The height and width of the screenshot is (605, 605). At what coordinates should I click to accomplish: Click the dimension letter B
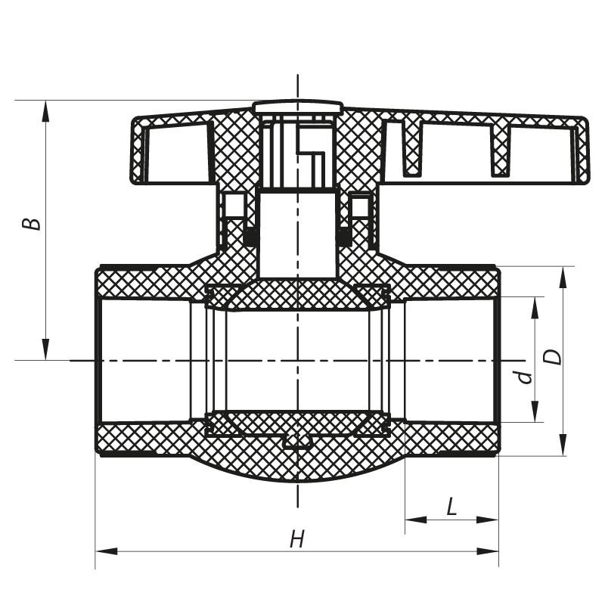click(x=31, y=225)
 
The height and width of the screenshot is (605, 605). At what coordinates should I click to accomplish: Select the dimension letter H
click(x=297, y=538)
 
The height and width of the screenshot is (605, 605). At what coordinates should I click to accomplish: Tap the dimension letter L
click(x=451, y=507)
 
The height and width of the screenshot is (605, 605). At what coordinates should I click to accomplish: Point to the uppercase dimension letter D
click(x=555, y=356)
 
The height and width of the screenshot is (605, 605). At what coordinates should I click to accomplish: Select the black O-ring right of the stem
click(x=344, y=237)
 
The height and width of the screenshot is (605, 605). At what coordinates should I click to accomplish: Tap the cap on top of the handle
click(x=298, y=107)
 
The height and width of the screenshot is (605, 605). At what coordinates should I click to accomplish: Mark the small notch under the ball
click(x=297, y=440)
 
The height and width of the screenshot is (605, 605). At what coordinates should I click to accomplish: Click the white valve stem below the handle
click(x=297, y=234)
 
